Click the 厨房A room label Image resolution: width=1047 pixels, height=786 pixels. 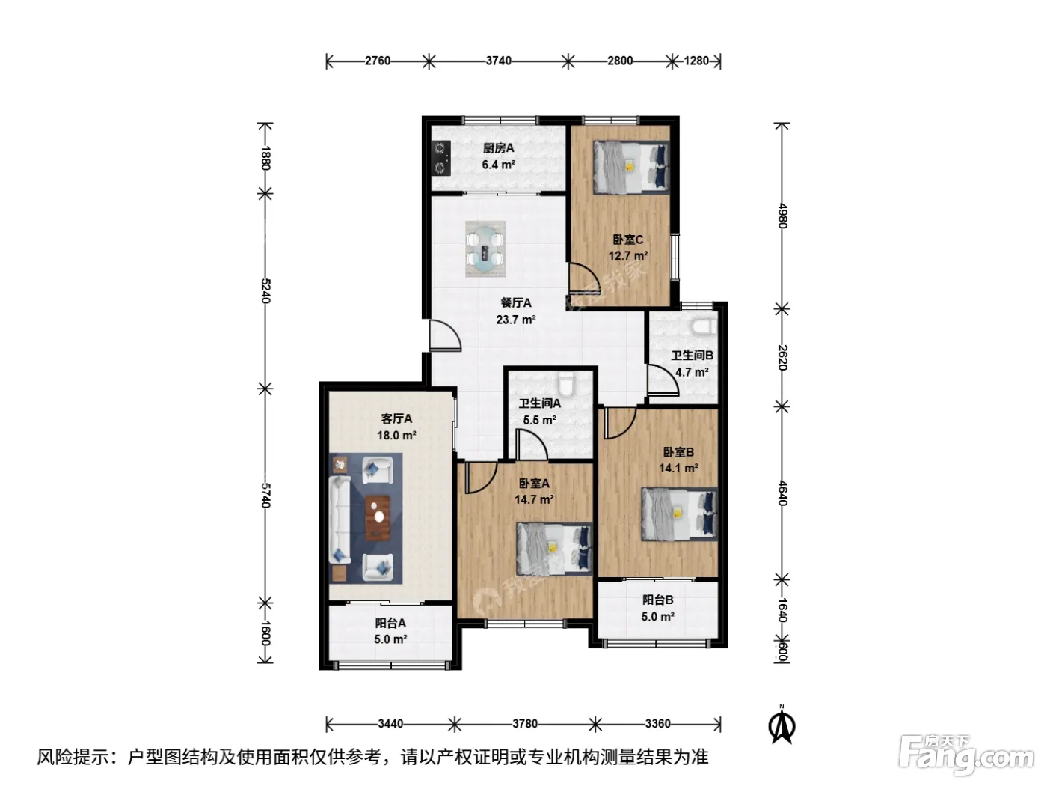coord(498,148)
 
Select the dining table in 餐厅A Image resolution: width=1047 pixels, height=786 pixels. coord(485,249)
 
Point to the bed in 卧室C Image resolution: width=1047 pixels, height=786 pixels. coord(630,166)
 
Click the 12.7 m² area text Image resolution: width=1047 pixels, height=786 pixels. coord(627,255)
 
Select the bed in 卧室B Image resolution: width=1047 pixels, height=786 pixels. coord(679,514)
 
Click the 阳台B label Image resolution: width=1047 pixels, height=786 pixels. coord(657,600)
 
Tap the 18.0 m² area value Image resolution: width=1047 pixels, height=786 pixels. coord(396,435)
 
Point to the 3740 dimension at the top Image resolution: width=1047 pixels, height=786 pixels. coord(499,61)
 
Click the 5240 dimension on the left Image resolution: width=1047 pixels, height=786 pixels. coord(265,290)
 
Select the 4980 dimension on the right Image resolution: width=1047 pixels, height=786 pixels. coord(782,216)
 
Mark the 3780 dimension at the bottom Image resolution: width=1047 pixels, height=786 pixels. coord(525,723)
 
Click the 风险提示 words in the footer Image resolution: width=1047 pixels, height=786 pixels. coord(73,756)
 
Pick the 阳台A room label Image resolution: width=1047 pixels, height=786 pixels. coord(390,623)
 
